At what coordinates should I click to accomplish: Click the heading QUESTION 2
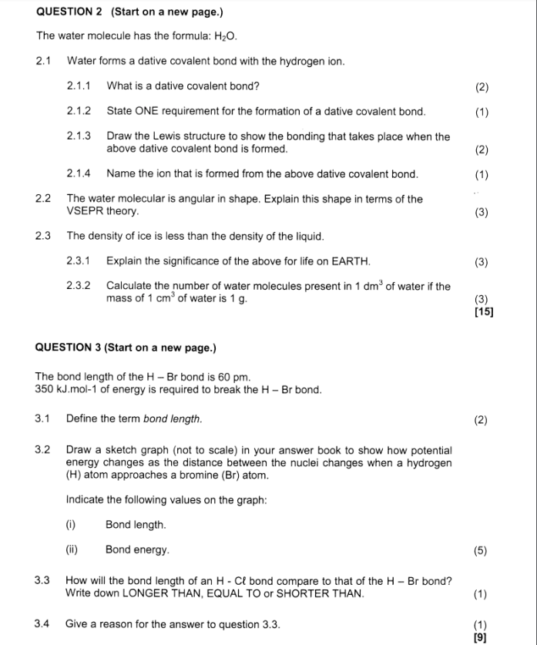tap(69, 12)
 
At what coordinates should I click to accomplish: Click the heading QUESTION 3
tap(69, 348)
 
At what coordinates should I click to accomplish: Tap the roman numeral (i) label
tap(71, 525)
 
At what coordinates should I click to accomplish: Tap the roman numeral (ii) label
tap(72, 550)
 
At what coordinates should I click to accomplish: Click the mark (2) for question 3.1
tap(482, 420)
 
